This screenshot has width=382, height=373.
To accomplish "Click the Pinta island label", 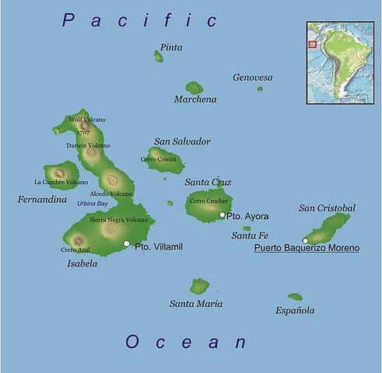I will pos(171,47).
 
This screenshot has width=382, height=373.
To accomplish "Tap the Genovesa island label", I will pos(253,78).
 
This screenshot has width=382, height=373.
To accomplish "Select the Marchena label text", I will pos(195,99).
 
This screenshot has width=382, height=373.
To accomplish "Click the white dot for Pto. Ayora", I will pos(222,215).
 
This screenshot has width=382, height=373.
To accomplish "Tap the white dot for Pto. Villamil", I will pos(127,244).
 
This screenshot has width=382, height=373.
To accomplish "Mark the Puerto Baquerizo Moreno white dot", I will pos(306,240).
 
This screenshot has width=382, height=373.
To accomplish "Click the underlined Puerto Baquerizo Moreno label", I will pos(307,249).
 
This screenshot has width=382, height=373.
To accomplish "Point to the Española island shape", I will pos(294,297).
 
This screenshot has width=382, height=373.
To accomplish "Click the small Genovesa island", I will pos(260,89).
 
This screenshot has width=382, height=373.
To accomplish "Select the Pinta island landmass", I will pos(159,57).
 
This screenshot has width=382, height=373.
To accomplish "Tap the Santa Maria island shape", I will pos(200,286).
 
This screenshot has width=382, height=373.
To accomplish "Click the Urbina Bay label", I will pos(92,204).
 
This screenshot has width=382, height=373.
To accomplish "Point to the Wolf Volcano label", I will pos(87,120).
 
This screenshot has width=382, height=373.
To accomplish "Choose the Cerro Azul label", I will pos(75,249).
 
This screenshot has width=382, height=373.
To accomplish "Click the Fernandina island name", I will pos(42,200).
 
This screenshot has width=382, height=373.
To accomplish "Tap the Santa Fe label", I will pos(250,235).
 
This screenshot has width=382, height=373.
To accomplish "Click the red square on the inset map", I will pos(313,44).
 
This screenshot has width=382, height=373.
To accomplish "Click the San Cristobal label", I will pos(327,208).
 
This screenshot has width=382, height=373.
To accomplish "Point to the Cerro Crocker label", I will pos(208,201).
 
